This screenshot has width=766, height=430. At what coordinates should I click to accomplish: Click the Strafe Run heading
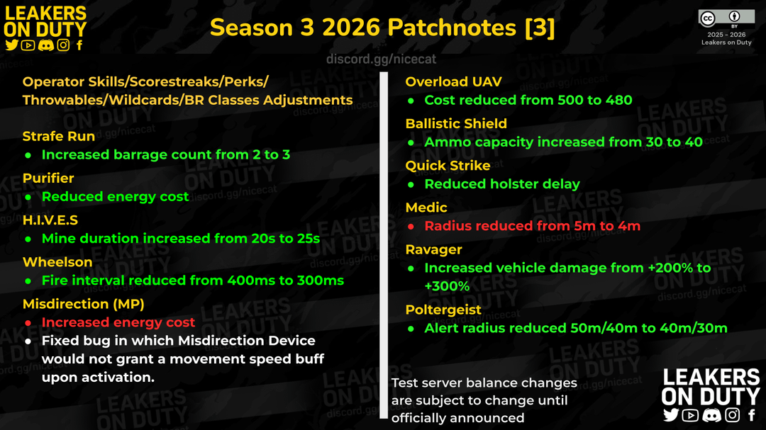59,136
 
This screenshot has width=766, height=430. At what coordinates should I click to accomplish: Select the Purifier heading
48,178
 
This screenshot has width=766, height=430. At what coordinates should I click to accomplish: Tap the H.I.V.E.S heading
50,220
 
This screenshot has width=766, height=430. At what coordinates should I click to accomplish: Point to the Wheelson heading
57,262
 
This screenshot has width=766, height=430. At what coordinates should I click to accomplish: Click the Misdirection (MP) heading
84,304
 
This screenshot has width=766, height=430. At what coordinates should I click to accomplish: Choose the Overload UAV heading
453,81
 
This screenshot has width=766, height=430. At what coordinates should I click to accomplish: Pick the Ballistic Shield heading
456,123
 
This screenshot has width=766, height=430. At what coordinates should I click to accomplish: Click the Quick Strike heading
448,166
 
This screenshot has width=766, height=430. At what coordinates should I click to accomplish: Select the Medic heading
426,208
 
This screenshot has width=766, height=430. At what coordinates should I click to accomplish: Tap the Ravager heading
434,249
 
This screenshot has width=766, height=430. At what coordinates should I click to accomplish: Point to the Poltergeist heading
443,310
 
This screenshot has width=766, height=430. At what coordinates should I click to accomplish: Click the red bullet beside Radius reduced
411,227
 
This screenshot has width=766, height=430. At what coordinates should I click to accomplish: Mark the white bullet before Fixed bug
28,341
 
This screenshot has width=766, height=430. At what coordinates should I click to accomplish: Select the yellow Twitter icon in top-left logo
12,45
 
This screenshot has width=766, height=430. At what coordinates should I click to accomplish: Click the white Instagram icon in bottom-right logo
732,415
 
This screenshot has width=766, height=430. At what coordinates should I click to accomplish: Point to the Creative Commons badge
726,18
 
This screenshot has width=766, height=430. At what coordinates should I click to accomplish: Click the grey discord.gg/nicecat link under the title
381,59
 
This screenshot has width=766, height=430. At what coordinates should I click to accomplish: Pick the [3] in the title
540,28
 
